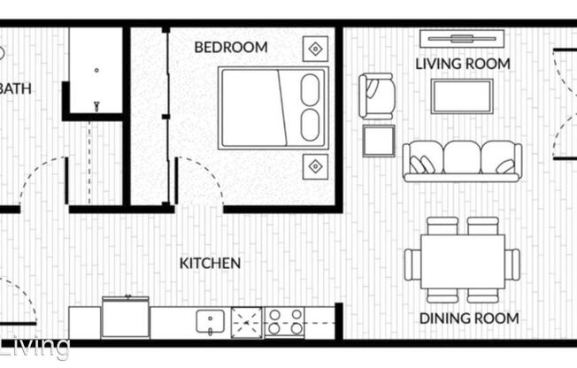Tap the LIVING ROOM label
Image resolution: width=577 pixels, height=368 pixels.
tap(463, 64)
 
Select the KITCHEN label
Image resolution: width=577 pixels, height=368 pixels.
tap(210, 264)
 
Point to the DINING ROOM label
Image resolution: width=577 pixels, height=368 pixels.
tap(468, 318)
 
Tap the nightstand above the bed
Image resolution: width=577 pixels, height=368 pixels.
tap(315, 48)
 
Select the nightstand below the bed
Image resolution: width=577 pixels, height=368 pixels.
tap(315, 165)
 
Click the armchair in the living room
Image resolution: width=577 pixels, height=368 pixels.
tap(376, 96)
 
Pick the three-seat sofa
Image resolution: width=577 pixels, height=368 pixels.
tap(461, 160)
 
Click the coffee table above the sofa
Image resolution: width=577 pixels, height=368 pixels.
tap(461, 96)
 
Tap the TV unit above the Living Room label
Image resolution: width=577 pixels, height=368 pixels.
tap(461, 38)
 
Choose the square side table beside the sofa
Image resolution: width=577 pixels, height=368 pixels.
tap(378, 141)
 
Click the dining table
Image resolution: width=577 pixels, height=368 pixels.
tap(462, 262)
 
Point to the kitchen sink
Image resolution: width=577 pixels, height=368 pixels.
tap(209, 321)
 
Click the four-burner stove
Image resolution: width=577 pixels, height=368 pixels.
tap(285, 321)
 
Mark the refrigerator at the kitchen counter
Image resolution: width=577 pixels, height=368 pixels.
tap(125, 318)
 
